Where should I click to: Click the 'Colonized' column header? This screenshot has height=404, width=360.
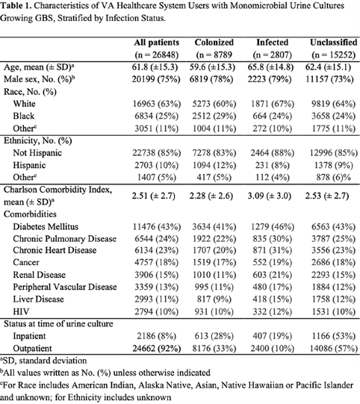click(214, 43)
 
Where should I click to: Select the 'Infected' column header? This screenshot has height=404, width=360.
click(272, 43)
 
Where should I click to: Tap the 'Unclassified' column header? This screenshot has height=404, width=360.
click(333, 43)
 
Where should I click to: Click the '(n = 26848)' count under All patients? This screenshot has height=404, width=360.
click(157, 55)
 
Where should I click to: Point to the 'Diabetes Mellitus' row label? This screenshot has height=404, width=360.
click(46, 226)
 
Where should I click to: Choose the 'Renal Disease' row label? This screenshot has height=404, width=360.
click(39, 275)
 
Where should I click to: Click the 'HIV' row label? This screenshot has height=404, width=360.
click(21, 311)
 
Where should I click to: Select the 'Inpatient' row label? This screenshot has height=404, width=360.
click(29, 336)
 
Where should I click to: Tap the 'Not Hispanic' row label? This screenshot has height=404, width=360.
click(37, 153)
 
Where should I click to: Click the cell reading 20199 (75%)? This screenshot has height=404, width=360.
click(156, 79)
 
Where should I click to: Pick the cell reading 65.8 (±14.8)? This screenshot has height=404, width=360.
click(270, 67)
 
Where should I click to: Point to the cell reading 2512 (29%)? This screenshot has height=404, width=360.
click(214, 116)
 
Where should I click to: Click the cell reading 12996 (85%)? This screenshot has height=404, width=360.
click(333, 153)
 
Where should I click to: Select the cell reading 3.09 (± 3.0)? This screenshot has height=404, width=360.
click(270, 196)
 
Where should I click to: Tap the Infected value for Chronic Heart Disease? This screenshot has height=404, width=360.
click(272, 250)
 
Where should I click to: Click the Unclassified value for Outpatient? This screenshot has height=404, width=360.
click(333, 348)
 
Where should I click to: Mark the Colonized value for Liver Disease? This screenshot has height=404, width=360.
click(214, 299)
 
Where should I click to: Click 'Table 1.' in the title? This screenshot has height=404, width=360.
click(16, 5)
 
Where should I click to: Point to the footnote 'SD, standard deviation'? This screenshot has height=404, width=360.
click(43, 361)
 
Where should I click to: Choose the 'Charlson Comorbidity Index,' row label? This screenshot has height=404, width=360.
click(58, 190)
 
